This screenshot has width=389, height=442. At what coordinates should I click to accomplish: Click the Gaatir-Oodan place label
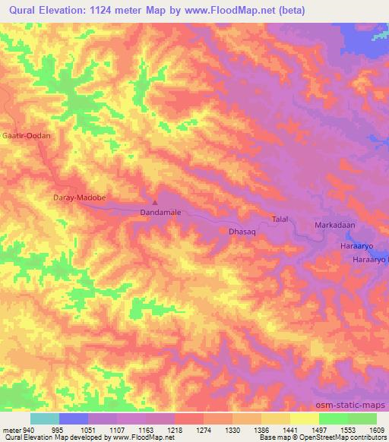tap(27, 135)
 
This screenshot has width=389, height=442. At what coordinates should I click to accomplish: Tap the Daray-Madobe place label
tap(78, 197)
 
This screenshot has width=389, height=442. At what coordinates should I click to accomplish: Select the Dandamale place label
tap(160, 213)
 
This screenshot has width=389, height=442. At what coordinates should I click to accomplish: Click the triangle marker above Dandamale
tap(155, 203)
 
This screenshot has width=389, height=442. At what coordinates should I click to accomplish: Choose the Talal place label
tap(280, 219)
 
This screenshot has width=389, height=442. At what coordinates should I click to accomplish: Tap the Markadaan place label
tap(335, 226)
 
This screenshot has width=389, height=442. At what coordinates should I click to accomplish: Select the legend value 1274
tap(204, 430)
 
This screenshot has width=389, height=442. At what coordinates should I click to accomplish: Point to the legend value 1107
tap(117, 430)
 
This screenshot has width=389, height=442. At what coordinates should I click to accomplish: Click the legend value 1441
tap(290, 430)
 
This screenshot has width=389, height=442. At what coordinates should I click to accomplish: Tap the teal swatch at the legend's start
tap(45, 418)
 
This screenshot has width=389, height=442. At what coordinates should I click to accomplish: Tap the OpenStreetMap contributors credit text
tap(349, 438)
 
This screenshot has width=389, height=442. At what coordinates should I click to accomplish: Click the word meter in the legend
tap(11, 430)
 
